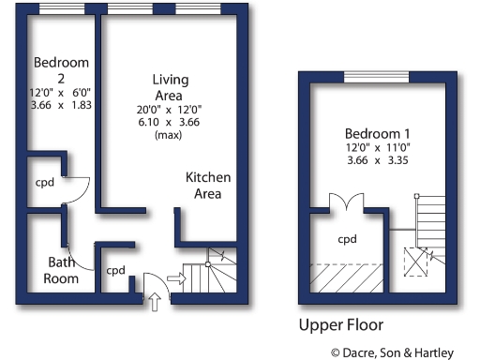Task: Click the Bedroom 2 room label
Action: (x=61, y=70)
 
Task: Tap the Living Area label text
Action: (x=169, y=87)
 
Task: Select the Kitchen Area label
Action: (x=207, y=186)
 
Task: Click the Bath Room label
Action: (x=62, y=270)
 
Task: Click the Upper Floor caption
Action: (x=340, y=326)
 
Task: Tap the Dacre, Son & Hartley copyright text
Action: (x=391, y=352)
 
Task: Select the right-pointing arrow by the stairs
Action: (x=174, y=277)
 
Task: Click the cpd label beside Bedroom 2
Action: (x=44, y=182)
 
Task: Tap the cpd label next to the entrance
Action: (x=115, y=271)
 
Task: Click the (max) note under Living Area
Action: (x=169, y=136)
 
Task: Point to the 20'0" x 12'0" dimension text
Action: (x=169, y=110)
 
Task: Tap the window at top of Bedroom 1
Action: (x=377, y=76)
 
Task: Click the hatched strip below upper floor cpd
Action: (x=347, y=276)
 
